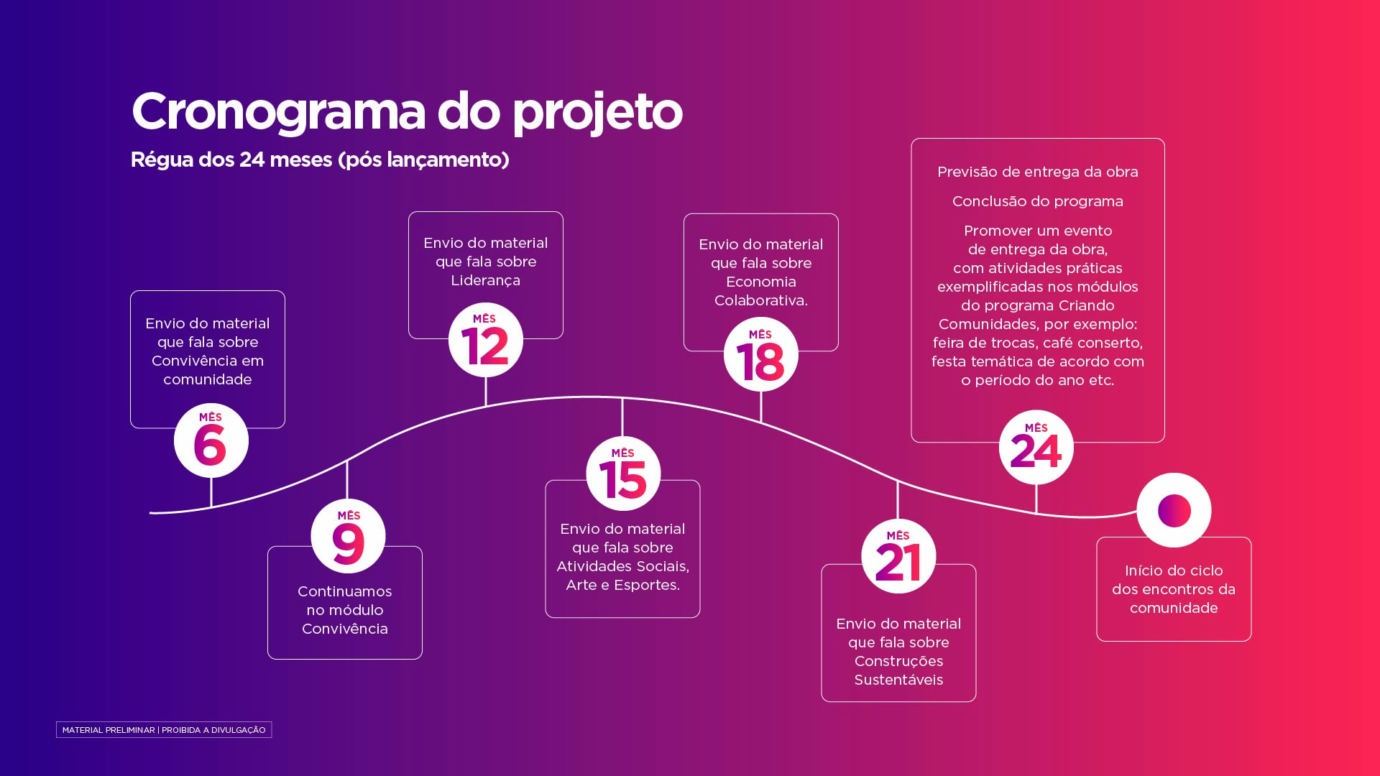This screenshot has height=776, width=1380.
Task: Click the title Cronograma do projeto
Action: point(407,112)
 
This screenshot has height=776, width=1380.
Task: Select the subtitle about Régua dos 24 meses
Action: point(320,160)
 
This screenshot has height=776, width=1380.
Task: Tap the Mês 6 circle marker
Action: point(211,440)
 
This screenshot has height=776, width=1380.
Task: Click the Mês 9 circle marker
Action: point(349,536)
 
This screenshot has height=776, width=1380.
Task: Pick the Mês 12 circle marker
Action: point(486,340)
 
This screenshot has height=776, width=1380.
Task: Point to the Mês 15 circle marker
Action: point(623,474)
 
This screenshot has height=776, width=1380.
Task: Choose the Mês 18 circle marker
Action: point(761,354)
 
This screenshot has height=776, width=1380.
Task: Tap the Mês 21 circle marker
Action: point(898,556)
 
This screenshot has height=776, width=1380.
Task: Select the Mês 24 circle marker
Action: point(1036,448)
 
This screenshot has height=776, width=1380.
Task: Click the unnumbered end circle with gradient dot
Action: point(1174,510)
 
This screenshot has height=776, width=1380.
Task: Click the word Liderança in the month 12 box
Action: point(486,281)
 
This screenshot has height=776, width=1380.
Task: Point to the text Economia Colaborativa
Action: point(761,291)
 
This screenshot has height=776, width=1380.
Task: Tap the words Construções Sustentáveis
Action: point(898,670)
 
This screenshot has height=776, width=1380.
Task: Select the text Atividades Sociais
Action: point(622,566)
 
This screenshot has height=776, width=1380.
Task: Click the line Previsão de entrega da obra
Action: point(1038,172)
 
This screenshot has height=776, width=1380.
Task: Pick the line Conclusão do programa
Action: point(1038,202)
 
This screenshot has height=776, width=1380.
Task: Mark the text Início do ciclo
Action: point(1174,571)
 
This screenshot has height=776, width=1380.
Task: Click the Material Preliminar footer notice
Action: point(164,730)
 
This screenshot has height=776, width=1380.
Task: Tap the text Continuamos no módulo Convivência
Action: point(345,610)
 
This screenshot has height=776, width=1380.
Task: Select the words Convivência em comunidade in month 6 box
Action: point(208,370)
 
